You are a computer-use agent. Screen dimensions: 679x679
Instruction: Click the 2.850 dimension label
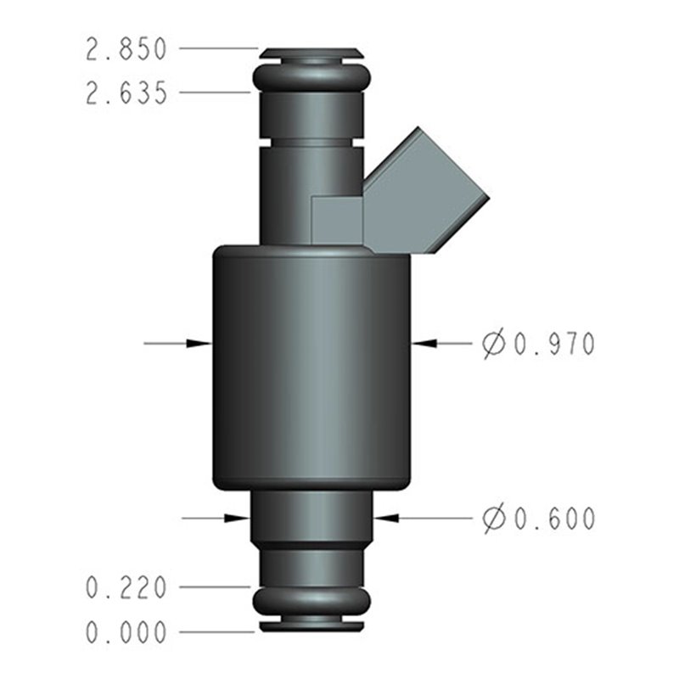tap(127, 50)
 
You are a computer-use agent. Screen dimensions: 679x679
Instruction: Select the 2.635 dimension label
tap(127, 93)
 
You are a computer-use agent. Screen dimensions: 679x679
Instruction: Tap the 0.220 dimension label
tap(127, 586)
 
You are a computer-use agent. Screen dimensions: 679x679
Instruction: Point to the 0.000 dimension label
tap(127, 632)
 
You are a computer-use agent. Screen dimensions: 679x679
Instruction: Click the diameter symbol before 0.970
tap(492, 344)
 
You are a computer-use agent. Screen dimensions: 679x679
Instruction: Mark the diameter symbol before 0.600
tap(492, 518)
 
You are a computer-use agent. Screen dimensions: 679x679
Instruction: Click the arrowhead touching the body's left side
tap(200, 343)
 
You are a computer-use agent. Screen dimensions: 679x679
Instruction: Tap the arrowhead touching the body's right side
tap(424, 343)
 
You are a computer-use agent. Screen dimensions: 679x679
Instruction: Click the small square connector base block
tap(337, 220)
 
